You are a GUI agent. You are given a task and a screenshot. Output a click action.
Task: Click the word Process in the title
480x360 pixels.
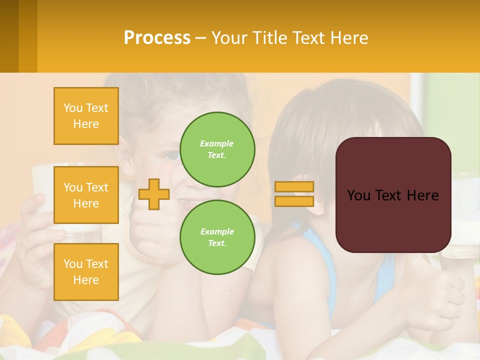click(x=157, y=38)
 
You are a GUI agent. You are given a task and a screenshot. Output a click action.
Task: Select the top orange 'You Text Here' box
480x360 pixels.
click(x=86, y=116)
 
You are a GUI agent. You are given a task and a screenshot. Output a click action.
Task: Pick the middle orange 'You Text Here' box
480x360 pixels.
click(x=86, y=195)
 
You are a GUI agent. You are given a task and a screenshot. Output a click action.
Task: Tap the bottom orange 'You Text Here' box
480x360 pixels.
click(x=86, y=271)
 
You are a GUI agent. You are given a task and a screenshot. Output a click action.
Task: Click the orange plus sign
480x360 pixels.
click(x=154, y=194)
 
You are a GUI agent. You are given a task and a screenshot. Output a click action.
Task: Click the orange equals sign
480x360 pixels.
click(x=294, y=194)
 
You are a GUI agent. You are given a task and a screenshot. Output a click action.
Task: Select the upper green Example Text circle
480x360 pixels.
click(x=217, y=149)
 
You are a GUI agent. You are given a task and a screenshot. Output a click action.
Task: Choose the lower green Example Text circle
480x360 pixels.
click(x=217, y=237)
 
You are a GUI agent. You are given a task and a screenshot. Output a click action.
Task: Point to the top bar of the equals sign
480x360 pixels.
click(x=294, y=187)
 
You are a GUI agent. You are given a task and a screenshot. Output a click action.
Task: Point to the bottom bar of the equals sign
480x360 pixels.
click(x=294, y=201)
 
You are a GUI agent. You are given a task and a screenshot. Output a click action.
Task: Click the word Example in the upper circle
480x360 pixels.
click(x=217, y=143)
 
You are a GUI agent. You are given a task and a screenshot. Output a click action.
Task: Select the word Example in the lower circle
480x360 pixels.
click(x=217, y=231)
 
